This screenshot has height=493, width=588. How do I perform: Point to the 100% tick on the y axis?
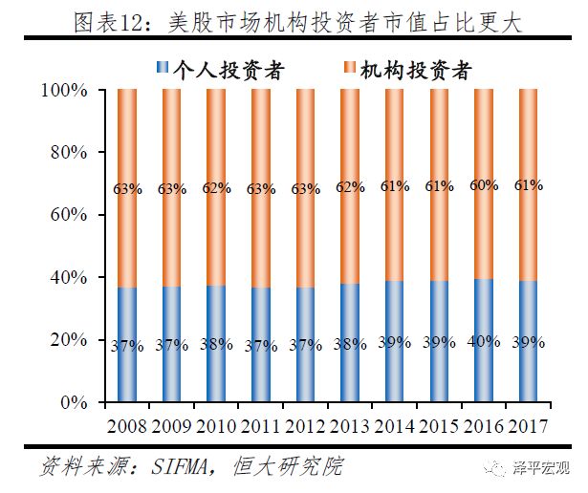pyautogui.click(x=65, y=90)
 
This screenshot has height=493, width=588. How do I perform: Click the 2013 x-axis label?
pyautogui.click(x=350, y=426)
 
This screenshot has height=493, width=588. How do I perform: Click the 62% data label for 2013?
pyautogui.click(x=350, y=188)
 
